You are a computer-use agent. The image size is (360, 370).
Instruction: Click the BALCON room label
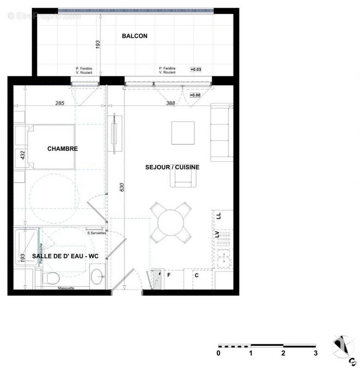point(135,36)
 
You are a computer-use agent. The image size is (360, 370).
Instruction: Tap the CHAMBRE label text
point(62,149)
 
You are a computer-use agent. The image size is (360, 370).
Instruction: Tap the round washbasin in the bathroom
point(98,277)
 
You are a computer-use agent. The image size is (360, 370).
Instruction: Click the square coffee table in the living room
point(183,133)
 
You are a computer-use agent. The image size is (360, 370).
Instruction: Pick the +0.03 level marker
point(196,69)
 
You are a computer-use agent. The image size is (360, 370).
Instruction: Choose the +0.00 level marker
point(196,95)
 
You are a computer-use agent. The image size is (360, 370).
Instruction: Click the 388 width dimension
point(171,104)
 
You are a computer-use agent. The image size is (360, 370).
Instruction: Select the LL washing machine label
point(219,216)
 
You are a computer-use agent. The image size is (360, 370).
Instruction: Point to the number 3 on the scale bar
point(316,353)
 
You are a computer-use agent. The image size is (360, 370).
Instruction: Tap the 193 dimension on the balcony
point(98,45)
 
